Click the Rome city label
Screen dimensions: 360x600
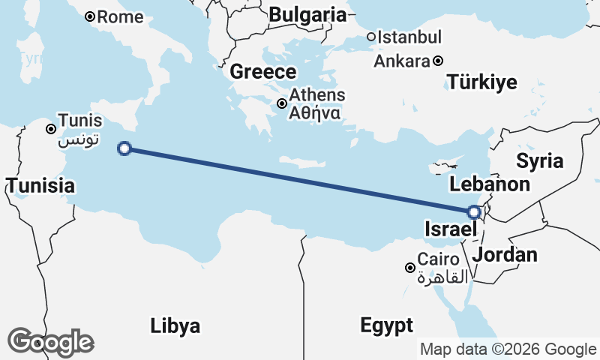pos(120,16)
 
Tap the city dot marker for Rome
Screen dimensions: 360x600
pos(90,16)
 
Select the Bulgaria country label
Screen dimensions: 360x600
pos(307,14)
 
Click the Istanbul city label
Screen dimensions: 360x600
pos(409,37)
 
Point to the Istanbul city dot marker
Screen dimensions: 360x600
pos(370,37)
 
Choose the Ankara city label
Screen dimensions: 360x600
pos(401,61)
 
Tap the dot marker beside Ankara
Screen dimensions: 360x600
pos(438,61)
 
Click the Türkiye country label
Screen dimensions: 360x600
pos(481,82)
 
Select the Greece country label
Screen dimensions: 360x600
pos(262,72)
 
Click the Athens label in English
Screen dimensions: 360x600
pos(317,95)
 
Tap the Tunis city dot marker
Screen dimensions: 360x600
pos(51,129)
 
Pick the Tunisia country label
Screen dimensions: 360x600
pos(40,185)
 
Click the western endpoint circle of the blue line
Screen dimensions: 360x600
pos(125,148)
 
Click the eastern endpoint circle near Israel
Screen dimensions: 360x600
pos(474,212)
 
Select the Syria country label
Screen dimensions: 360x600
pos(539,160)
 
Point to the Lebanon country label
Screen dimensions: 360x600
pos(490,184)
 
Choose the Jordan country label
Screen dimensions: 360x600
pos(505,254)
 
